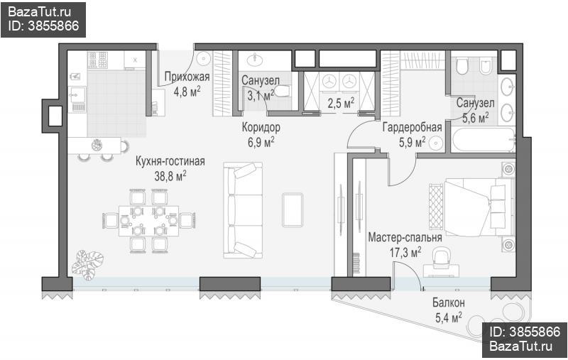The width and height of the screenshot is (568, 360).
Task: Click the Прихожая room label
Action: pyautogui.click(x=187, y=77)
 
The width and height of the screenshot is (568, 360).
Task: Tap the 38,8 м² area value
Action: pyautogui.click(x=170, y=176)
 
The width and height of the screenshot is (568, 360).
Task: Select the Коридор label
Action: pyautogui.click(x=261, y=128)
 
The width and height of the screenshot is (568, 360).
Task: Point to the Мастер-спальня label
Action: pyautogui.click(x=405, y=238)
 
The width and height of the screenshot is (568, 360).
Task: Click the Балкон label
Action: pyautogui.click(x=449, y=302)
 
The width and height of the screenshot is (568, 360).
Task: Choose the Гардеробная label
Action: pyautogui.click(x=413, y=128)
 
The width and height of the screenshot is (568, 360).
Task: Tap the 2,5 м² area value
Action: pyautogui.click(x=341, y=104)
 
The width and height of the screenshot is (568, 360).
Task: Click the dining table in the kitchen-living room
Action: pyautogui.click(x=149, y=221)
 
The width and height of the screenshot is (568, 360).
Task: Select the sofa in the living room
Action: pyautogui.click(x=243, y=210)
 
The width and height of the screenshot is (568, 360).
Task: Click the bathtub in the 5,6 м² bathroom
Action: pyautogui.click(x=484, y=140)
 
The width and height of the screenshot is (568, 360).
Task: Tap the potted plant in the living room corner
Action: pyautogui.click(x=87, y=265)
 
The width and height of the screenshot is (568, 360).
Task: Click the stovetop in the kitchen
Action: pyautogui.click(x=98, y=60)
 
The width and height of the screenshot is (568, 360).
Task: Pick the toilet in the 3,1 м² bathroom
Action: pyautogui.click(x=282, y=92)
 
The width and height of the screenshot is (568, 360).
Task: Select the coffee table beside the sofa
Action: pyautogui.click(x=293, y=210)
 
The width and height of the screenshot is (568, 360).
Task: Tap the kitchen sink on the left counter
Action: pyautogui.click(x=77, y=95)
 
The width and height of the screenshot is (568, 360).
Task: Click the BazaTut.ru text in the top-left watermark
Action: pyautogui.click(x=40, y=12)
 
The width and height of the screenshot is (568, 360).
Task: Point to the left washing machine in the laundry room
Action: pyautogui.click(x=329, y=81)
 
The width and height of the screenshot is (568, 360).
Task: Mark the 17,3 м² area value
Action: pyautogui.click(x=405, y=252)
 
